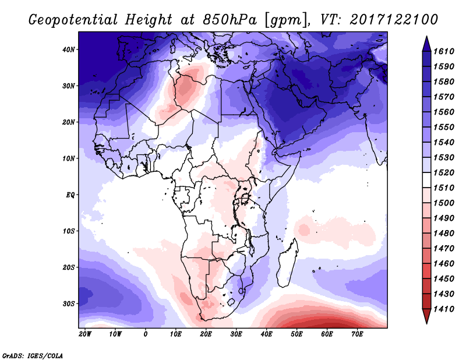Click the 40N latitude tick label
point(68,50)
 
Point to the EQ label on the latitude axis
point(69,195)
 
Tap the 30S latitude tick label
point(68,303)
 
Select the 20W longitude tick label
point(85,334)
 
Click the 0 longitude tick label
point(146,334)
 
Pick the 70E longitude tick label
point(358,334)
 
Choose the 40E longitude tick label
point(267,334)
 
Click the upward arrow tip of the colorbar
point(426,40)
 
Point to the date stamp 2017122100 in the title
point(394,19)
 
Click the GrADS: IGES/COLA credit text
point(33,355)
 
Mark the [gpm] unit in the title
point(285,19)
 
